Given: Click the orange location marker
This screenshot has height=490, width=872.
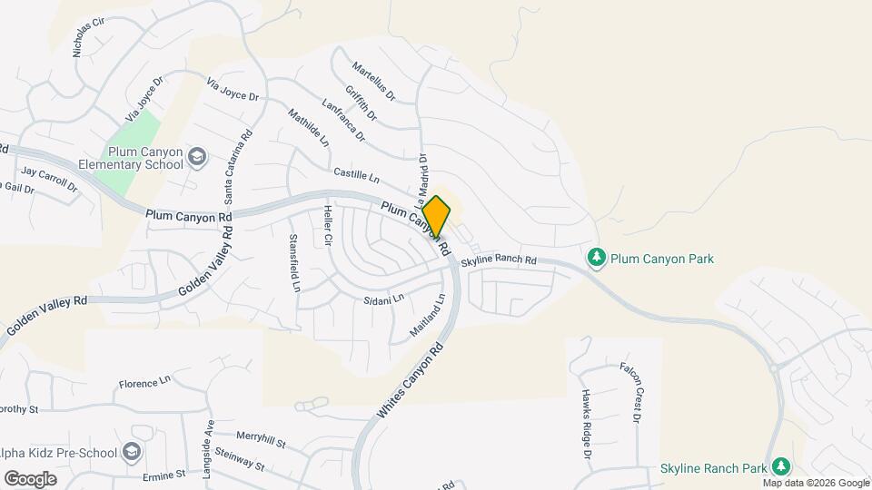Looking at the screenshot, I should pos(437,216).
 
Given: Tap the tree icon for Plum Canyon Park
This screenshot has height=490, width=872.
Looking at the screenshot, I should pos(597,259).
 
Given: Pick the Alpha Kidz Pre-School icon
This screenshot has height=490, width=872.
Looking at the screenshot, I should pos(133,451).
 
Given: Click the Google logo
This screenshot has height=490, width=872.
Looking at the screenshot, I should pos(30,478).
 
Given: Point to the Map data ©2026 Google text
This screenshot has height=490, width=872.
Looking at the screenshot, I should pos(816,483).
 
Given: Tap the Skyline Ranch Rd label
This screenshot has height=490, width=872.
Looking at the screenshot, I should pos(499,261).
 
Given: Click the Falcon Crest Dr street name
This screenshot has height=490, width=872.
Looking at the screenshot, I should pos(631,393).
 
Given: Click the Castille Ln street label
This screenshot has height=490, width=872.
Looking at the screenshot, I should pos(355,172).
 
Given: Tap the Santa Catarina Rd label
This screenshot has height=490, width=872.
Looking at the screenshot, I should pos(233,170).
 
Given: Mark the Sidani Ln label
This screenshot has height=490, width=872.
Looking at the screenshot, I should pos(383,299).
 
